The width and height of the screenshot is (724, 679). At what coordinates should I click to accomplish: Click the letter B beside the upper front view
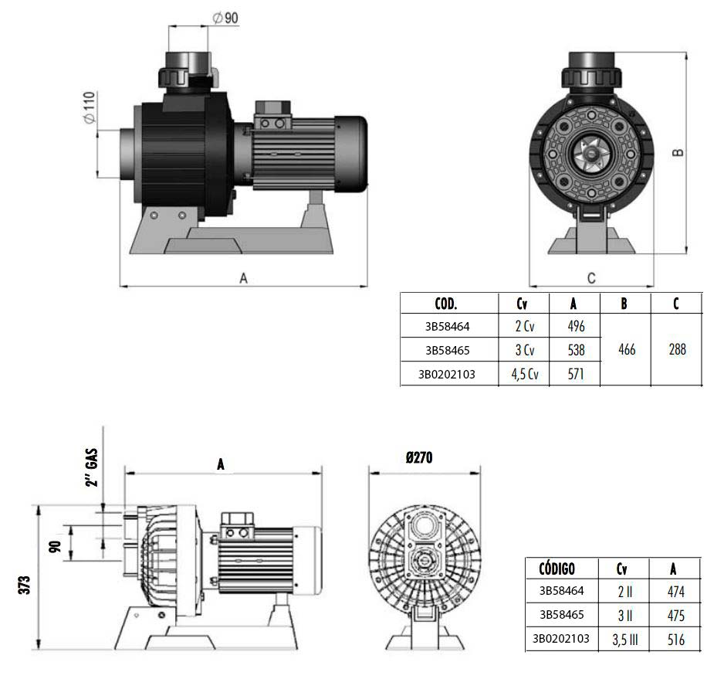[678, 152]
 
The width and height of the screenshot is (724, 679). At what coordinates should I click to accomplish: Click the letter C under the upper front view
[591, 277]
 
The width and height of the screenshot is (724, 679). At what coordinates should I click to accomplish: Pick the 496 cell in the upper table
[576, 326]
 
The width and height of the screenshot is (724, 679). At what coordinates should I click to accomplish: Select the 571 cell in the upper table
[576, 375]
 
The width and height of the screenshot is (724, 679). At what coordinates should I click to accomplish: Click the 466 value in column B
[627, 350]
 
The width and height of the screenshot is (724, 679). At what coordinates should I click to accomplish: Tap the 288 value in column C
[676, 350]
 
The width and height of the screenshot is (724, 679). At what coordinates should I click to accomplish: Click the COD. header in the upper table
[446, 303]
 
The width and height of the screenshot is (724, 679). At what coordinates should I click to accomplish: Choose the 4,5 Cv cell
[524, 375]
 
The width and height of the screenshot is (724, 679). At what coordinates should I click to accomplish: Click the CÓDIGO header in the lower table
[551, 569]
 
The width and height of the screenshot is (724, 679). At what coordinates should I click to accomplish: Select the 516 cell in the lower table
[674, 640]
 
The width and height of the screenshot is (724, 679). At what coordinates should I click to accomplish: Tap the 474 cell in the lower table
[674, 592]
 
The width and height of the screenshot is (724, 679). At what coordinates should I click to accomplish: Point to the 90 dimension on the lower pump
[55, 545]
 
